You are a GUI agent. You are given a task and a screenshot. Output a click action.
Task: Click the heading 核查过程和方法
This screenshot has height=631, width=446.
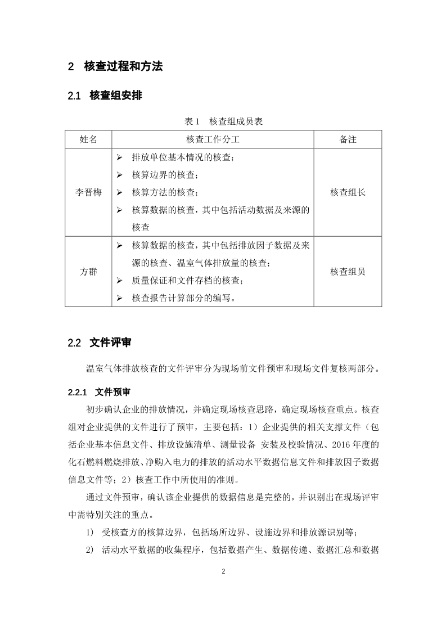123,66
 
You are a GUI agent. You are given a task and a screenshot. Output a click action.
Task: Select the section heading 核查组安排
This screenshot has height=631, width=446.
115,96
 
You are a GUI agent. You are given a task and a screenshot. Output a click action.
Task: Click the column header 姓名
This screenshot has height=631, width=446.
88,139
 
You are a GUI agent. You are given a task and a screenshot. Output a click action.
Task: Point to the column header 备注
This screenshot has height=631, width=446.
348,139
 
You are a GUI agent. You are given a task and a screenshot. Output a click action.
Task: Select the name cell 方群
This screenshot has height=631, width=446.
88,272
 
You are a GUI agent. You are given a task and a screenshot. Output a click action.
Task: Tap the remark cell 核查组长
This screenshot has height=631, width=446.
348,192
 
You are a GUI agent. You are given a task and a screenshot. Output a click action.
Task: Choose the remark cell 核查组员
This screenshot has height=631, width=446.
348,272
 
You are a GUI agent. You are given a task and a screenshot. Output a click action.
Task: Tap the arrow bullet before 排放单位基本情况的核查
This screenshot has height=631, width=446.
119,157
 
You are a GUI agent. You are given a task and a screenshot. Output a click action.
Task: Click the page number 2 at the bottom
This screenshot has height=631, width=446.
223,571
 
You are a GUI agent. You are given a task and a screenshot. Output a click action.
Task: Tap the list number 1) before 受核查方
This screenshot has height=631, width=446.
90,533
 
